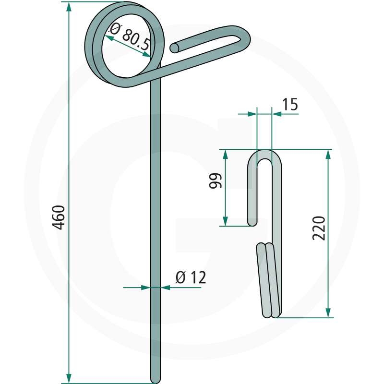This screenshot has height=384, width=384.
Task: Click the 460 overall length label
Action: tap(59, 217)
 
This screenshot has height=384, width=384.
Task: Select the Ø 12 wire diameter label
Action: tap(191, 277)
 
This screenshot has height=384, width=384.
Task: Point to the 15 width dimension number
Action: tap(290, 105)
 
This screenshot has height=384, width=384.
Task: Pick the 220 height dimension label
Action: tap(319, 228)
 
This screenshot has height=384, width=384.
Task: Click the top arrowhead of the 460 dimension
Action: tap(69, 7)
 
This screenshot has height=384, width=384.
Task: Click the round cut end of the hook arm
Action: tap(175, 48)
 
